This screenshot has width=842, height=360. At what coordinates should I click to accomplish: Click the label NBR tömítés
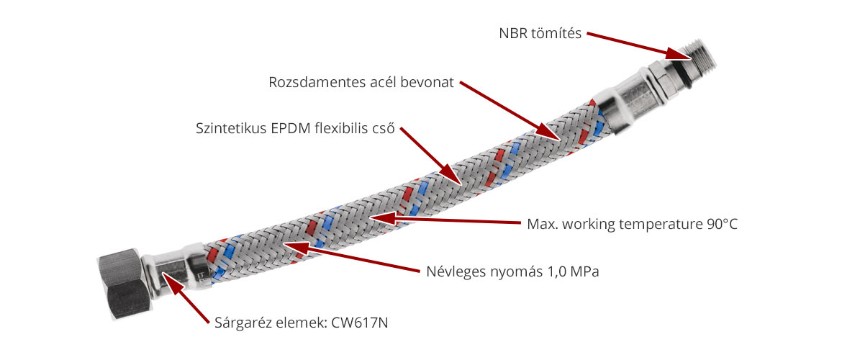point(540,33)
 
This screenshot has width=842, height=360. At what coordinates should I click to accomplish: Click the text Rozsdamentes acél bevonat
point(361,82)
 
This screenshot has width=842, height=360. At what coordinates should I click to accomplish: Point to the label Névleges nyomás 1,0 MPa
point(509,272)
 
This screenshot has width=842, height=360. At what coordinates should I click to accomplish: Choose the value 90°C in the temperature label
point(721,223)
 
